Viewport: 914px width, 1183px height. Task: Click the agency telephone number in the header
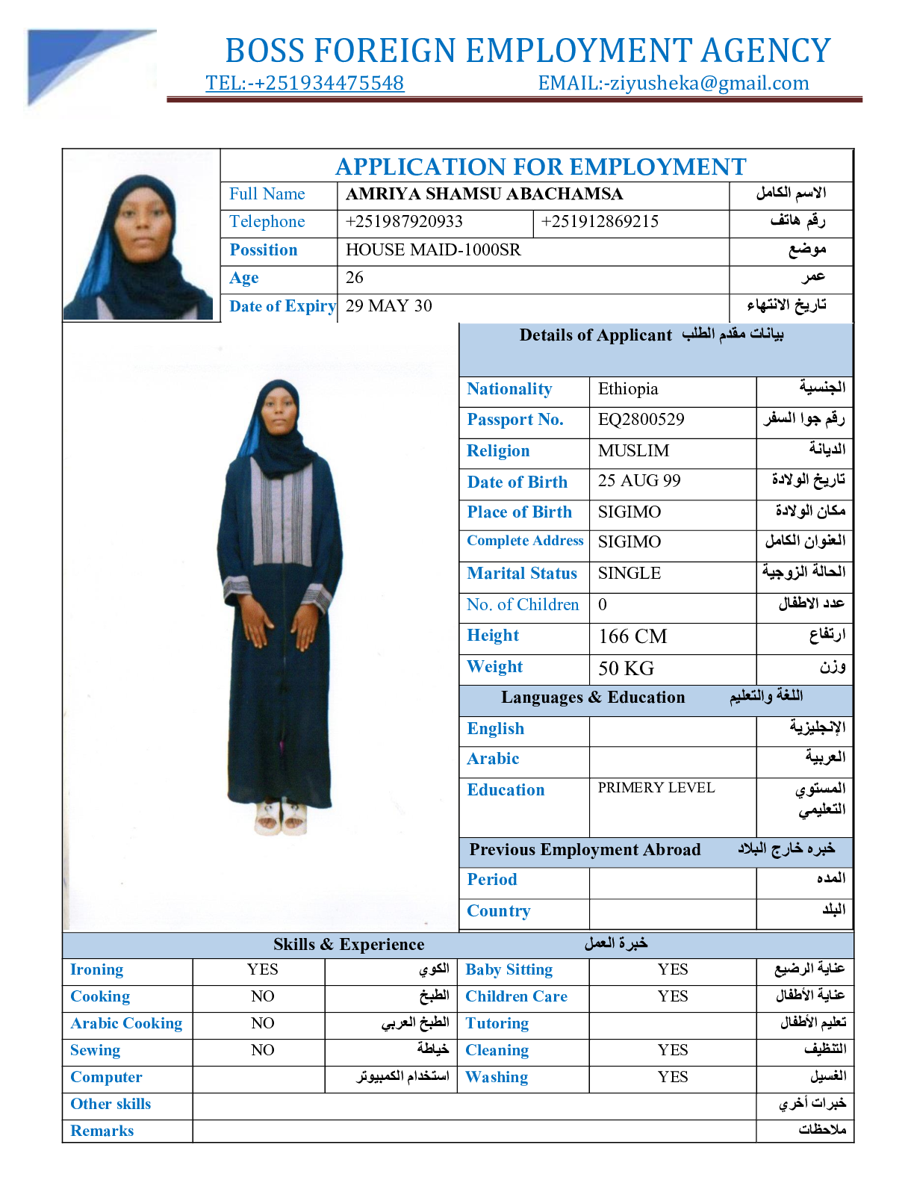pos(305,83)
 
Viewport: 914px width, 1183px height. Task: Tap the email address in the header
pos(674,83)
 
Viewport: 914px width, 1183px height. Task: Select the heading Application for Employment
pos(541,167)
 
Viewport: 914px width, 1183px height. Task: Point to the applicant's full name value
pos(484,194)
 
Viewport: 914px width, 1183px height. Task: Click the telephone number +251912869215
pos(600,222)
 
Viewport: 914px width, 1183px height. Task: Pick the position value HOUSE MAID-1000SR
pos(433,250)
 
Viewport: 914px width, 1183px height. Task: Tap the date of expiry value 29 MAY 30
pos(388,306)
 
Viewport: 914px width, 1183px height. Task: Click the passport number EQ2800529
pos(641,420)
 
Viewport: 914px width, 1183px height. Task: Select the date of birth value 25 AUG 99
pos(639,481)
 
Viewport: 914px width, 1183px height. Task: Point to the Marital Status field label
pos(522,574)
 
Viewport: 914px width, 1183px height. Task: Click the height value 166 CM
pos(632,636)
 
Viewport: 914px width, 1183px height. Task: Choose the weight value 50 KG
pos(626,668)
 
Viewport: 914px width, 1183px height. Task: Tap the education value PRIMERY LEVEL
pos(656,788)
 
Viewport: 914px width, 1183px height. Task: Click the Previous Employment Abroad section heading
pos(585,850)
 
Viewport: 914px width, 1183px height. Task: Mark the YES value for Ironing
pos(262,969)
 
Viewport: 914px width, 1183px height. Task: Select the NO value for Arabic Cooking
pos(262,1023)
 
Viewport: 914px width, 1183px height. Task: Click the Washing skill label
pos(497,1077)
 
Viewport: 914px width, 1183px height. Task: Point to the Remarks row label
pos(102,1131)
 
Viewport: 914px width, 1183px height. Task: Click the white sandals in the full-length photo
pos(281,817)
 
